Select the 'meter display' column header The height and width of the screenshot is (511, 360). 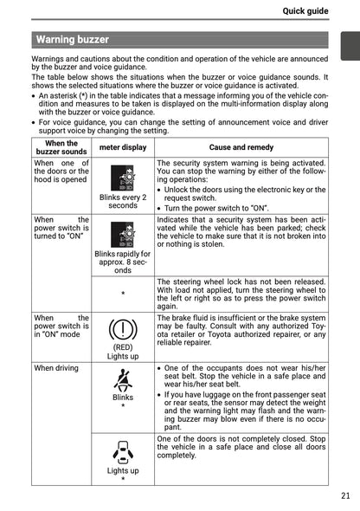(x=123, y=147)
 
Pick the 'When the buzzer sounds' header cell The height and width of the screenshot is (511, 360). (x=61, y=147)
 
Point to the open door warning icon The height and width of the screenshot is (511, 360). (x=123, y=451)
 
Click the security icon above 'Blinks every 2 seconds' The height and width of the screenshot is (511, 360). (x=123, y=178)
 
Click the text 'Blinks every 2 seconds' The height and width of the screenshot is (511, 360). (x=123, y=201)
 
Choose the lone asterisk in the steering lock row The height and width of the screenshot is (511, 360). (x=123, y=294)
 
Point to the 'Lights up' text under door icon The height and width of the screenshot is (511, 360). (x=123, y=470)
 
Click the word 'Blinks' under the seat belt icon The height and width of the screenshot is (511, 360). (x=123, y=398)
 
